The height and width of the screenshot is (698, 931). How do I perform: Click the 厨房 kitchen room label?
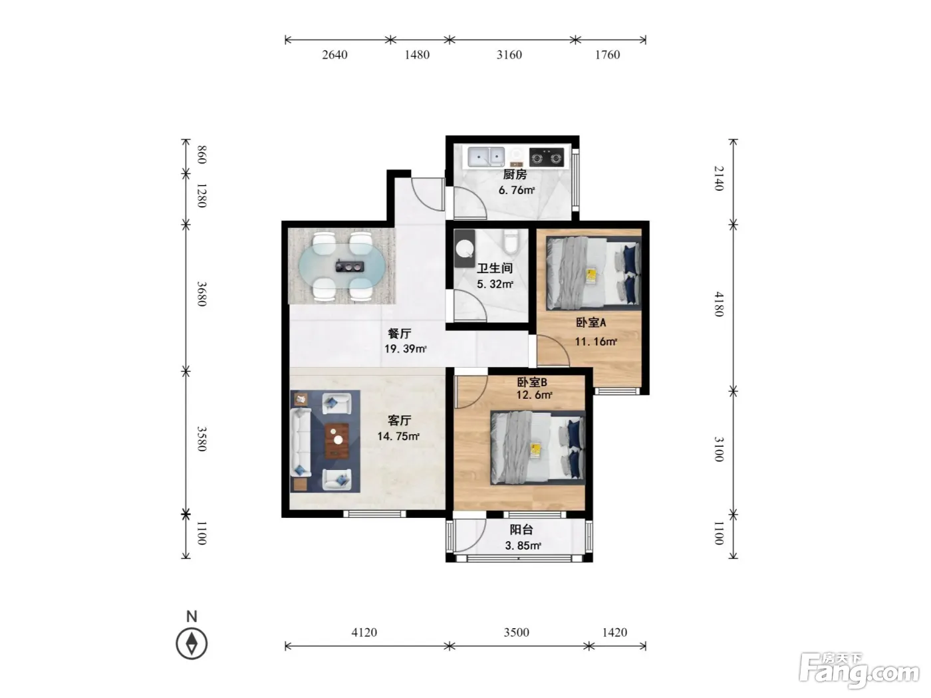(515, 174)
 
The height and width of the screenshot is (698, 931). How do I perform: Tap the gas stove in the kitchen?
(547, 158)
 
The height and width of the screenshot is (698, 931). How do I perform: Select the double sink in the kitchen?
(486, 158)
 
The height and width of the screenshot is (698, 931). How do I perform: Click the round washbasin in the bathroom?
(464, 249)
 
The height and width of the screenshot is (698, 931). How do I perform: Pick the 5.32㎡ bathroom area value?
(495, 284)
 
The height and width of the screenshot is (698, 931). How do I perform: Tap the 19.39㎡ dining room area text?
(405, 349)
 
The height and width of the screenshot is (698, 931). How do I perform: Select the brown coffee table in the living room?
(336, 441)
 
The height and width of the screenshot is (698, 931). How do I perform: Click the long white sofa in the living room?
(301, 441)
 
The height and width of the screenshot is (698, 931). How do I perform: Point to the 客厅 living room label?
(399, 420)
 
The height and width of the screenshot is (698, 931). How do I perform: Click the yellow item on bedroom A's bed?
(591, 276)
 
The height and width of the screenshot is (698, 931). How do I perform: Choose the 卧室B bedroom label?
(532, 382)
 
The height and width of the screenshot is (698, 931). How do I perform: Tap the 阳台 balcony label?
(521, 530)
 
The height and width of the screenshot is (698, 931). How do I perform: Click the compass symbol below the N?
(192, 643)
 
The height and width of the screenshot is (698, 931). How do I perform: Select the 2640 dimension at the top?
(334, 55)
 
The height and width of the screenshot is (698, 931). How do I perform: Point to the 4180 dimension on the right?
(719, 304)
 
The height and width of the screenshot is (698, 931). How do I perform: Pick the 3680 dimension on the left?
(202, 294)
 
